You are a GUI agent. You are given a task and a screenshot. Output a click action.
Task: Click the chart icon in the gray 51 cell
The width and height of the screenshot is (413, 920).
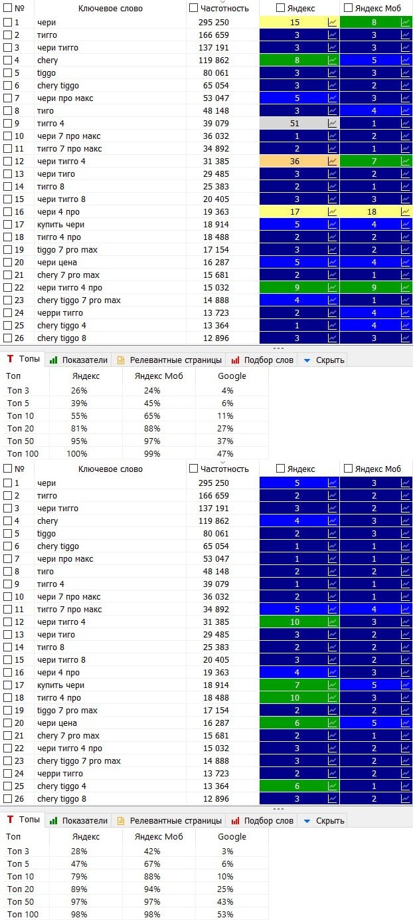(x=332, y=123)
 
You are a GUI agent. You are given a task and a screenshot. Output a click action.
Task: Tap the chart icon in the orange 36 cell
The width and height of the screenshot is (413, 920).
(x=332, y=161)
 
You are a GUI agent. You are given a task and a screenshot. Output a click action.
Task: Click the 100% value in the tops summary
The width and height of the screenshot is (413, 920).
(x=78, y=453)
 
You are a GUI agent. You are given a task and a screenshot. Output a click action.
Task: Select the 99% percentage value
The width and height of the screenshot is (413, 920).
(x=152, y=453)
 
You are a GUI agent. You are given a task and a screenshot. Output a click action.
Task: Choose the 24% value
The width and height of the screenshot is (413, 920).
(x=152, y=390)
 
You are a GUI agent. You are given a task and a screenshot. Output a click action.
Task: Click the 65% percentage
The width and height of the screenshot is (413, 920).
(x=152, y=415)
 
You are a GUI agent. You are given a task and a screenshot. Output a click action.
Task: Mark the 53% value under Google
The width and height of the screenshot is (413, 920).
(x=225, y=914)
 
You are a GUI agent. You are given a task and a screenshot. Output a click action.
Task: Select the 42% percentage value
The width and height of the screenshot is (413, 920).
(x=152, y=851)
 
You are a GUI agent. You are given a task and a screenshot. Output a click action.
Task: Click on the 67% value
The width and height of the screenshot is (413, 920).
(x=152, y=863)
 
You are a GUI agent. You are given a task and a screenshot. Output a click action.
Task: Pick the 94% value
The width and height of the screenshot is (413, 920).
(x=152, y=889)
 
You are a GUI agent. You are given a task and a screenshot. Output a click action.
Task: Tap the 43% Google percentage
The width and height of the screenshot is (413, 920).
(x=225, y=901)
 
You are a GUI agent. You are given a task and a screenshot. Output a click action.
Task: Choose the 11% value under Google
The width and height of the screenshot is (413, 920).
(x=225, y=415)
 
